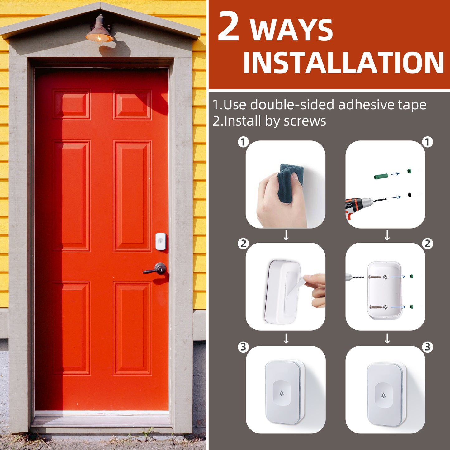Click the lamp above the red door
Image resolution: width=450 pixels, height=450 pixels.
coord(100,30)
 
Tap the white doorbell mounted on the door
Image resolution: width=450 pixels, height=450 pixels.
coord(161,241)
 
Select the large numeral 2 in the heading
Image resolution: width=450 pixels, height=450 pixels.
coord(229,26)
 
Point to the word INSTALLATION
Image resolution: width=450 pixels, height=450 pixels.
coord(343,62)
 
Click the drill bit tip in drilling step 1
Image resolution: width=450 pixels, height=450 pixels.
coord(386,199)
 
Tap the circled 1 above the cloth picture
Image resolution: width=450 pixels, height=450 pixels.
coord(244,142)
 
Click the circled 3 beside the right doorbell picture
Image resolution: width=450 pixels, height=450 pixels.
coord(428,347)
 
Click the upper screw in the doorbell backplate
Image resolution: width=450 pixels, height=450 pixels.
coord(375,277)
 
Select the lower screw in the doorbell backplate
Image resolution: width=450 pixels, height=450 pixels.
coord(376,307)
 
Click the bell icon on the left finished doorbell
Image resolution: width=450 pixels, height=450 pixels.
coord(282,393)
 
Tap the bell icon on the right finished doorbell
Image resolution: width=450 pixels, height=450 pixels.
coord(383,395)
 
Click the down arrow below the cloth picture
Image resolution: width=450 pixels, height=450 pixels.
coord(286,235)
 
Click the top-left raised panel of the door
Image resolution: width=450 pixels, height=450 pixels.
coord(71,104)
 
